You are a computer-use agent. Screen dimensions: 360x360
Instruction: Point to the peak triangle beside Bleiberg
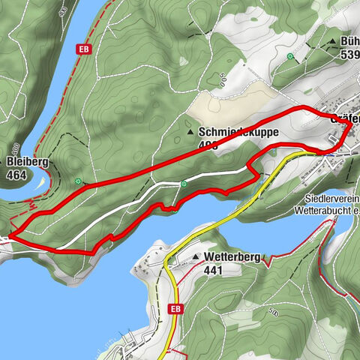point(6,161)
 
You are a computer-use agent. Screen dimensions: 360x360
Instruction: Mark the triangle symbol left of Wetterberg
point(196,257)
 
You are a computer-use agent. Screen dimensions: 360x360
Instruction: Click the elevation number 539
point(349,54)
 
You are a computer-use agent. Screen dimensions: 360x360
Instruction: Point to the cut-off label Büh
point(349,42)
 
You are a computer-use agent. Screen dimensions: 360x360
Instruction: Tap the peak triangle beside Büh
point(332,42)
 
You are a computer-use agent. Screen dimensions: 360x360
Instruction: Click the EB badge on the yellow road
point(175,308)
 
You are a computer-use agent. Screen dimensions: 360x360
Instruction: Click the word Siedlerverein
point(332,199)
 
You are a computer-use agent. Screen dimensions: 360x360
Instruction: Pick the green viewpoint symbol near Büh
point(290,57)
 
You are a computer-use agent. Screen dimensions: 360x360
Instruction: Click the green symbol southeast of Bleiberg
point(78,181)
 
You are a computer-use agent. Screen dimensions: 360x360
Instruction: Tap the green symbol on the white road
point(184,183)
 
